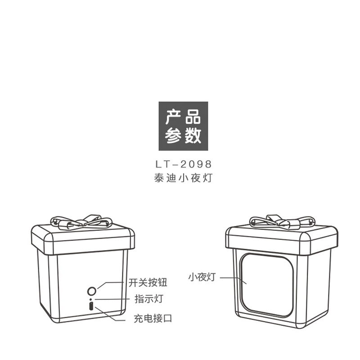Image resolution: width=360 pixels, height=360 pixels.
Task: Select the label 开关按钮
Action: (148, 283)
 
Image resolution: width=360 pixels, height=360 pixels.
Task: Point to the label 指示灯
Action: (149, 299)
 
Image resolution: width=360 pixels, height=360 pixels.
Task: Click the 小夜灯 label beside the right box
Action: (202, 277)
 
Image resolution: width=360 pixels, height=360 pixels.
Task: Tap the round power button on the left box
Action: (92, 291)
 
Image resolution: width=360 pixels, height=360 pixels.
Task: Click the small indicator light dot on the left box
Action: (91, 299)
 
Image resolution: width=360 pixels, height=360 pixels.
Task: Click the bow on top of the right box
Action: (282, 221)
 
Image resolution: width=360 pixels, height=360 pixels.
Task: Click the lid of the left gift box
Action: (83, 238)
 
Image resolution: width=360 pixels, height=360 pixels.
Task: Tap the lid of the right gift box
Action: (282, 239)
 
